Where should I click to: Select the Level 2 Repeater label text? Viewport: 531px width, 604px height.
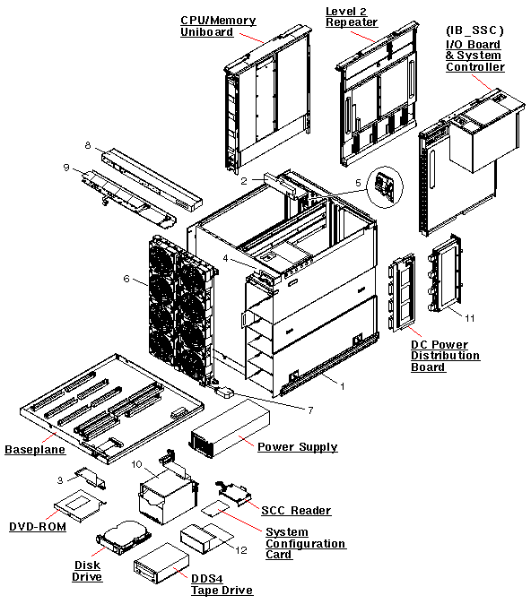[351, 16]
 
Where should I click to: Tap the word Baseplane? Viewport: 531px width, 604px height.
[33, 448]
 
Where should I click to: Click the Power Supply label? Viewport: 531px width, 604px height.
[297, 446]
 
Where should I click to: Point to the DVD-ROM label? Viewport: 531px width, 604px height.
[38, 526]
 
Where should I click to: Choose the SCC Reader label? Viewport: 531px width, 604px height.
[295, 510]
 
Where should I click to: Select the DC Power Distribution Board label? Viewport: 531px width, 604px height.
[445, 356]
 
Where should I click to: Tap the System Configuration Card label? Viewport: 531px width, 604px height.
[305, 543]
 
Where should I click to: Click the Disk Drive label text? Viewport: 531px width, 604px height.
[87, 571]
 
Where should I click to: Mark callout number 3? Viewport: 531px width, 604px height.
[59, 480]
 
